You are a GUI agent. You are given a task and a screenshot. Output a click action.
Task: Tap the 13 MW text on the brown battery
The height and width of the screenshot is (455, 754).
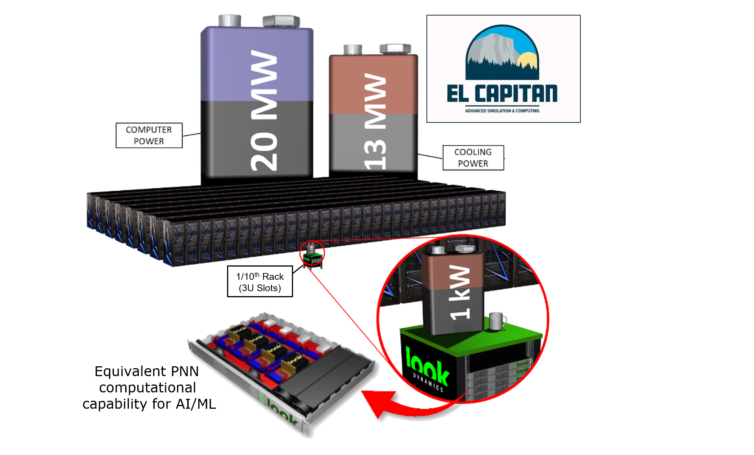(375, 121)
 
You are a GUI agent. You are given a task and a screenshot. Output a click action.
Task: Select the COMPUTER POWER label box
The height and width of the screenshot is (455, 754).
(149, 135)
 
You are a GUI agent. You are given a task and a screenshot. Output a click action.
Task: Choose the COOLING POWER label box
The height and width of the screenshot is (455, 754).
(473, 158)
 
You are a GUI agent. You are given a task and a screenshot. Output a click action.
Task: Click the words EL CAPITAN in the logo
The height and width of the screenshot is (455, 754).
(502, 93)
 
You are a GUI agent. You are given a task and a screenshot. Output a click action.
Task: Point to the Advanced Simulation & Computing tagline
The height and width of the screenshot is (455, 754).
(502, 111)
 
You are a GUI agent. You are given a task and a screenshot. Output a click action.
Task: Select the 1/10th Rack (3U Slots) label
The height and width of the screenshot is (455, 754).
(260, 282)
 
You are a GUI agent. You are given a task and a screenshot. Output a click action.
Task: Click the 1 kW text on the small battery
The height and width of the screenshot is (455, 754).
(459, 292)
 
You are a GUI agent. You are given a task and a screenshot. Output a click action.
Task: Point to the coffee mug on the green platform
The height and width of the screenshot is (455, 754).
(496, 321)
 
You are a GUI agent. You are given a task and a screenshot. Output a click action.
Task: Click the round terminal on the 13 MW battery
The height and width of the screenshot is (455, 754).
(353, 50)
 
